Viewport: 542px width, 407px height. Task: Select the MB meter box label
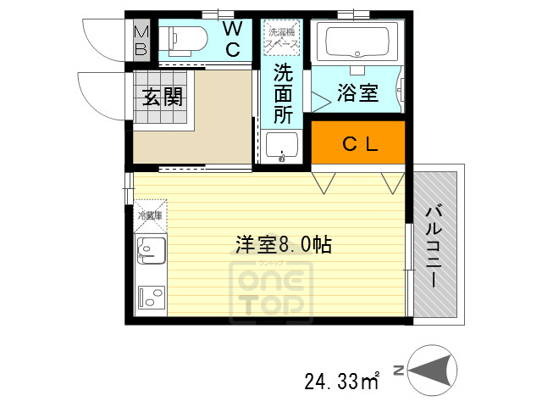pos(141,40)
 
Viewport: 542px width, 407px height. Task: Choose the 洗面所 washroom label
pos(282,93)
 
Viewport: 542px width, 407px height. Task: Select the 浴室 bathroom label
pos(357,93)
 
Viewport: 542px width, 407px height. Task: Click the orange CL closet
pos(359,143)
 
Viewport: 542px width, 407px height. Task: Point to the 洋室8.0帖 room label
pos(283,245)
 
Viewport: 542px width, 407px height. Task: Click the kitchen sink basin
pos(149,251)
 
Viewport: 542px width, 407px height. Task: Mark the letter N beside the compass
pos(409,370)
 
